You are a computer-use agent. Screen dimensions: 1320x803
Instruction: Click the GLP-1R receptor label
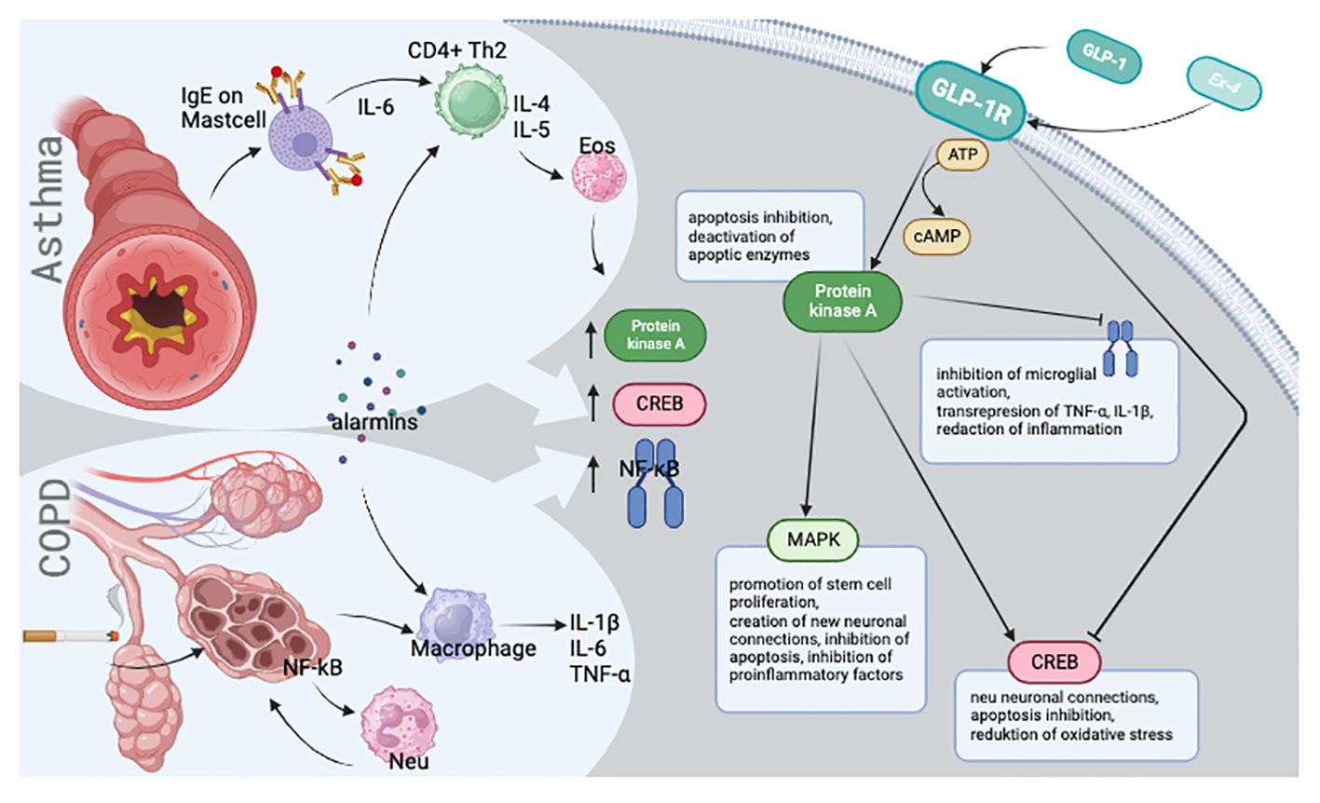pos(971,101)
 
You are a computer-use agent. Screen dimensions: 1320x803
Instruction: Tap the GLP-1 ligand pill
pos(1104,57)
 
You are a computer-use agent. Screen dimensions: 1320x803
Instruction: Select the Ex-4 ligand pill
pos(1224,84)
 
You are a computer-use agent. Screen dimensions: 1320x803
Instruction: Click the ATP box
pos(962,155)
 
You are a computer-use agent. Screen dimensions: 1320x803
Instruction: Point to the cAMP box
pos(936,237)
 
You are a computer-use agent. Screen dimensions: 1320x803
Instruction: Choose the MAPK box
pos(812,539)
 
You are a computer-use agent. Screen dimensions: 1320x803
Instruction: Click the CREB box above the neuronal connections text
pos(1055,661)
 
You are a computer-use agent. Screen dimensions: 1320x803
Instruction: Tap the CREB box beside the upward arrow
pos(660,403)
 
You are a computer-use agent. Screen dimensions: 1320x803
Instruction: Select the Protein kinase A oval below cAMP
pos(842,301)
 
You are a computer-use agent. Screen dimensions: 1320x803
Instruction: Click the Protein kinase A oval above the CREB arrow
pos(655,334)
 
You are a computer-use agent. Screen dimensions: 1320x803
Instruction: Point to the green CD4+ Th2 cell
pos(470,102)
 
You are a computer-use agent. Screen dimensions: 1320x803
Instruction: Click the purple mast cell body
pos(300,138)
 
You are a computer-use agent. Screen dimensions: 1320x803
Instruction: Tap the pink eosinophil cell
pos(599,177)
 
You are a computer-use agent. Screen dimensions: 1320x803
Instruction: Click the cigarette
pos(71,635)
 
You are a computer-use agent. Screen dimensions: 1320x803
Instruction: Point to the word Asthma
pos(47,210)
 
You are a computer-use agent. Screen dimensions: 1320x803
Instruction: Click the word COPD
pos(54,527)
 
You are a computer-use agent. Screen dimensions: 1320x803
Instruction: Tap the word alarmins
pos(374,422)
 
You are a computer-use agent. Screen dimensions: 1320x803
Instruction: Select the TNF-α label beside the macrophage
pos(600,674)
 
